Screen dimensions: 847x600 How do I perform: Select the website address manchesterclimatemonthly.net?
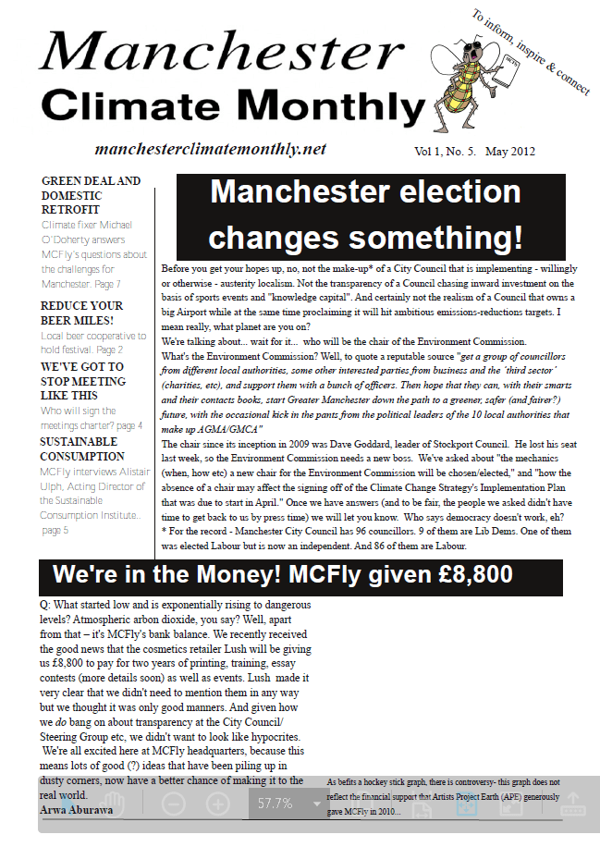(x=211, y=149)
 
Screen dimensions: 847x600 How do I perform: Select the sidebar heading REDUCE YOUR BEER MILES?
(x=81, y=313)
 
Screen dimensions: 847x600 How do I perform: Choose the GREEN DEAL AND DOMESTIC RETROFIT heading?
(x=91, y=196)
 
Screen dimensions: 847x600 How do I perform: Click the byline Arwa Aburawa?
(x=77, y=809)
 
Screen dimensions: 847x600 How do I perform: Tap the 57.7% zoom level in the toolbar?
(x=275, y=804)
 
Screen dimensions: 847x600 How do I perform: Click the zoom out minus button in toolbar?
(x=173, y=804)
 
